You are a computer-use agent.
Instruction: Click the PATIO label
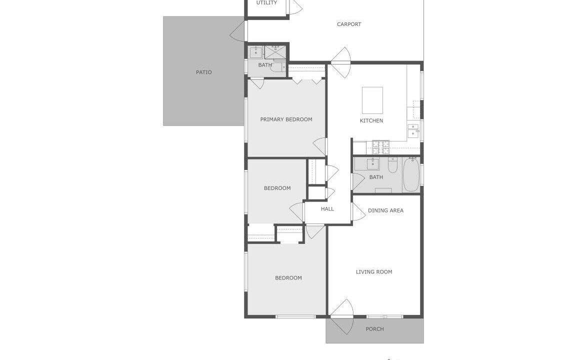pos(203,72)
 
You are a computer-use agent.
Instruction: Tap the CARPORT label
pos(349,24)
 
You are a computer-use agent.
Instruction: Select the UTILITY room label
pos(266,2)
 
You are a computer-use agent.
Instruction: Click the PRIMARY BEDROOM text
pos(286,119)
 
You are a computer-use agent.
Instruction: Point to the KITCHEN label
pos(371,120)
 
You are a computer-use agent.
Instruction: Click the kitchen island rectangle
pos(372,100)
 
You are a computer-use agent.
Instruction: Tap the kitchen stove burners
pos(380,147)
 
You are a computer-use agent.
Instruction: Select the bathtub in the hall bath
pos(411,175)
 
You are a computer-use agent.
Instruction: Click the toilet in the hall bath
pos(392,165)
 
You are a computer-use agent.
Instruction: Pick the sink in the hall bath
pos(372,164)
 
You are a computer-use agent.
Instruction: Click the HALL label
pos(327,209)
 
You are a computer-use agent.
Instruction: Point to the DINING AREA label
pos(385,210)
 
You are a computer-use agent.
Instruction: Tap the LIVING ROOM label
pos(374,271)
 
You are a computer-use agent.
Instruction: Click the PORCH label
pos(374,329)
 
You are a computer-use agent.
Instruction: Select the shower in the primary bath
pos(275,52)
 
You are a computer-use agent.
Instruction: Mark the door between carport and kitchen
pos(341,62)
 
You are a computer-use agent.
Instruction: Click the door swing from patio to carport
pos(238,31)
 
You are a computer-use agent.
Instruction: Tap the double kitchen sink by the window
pos(413,130)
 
